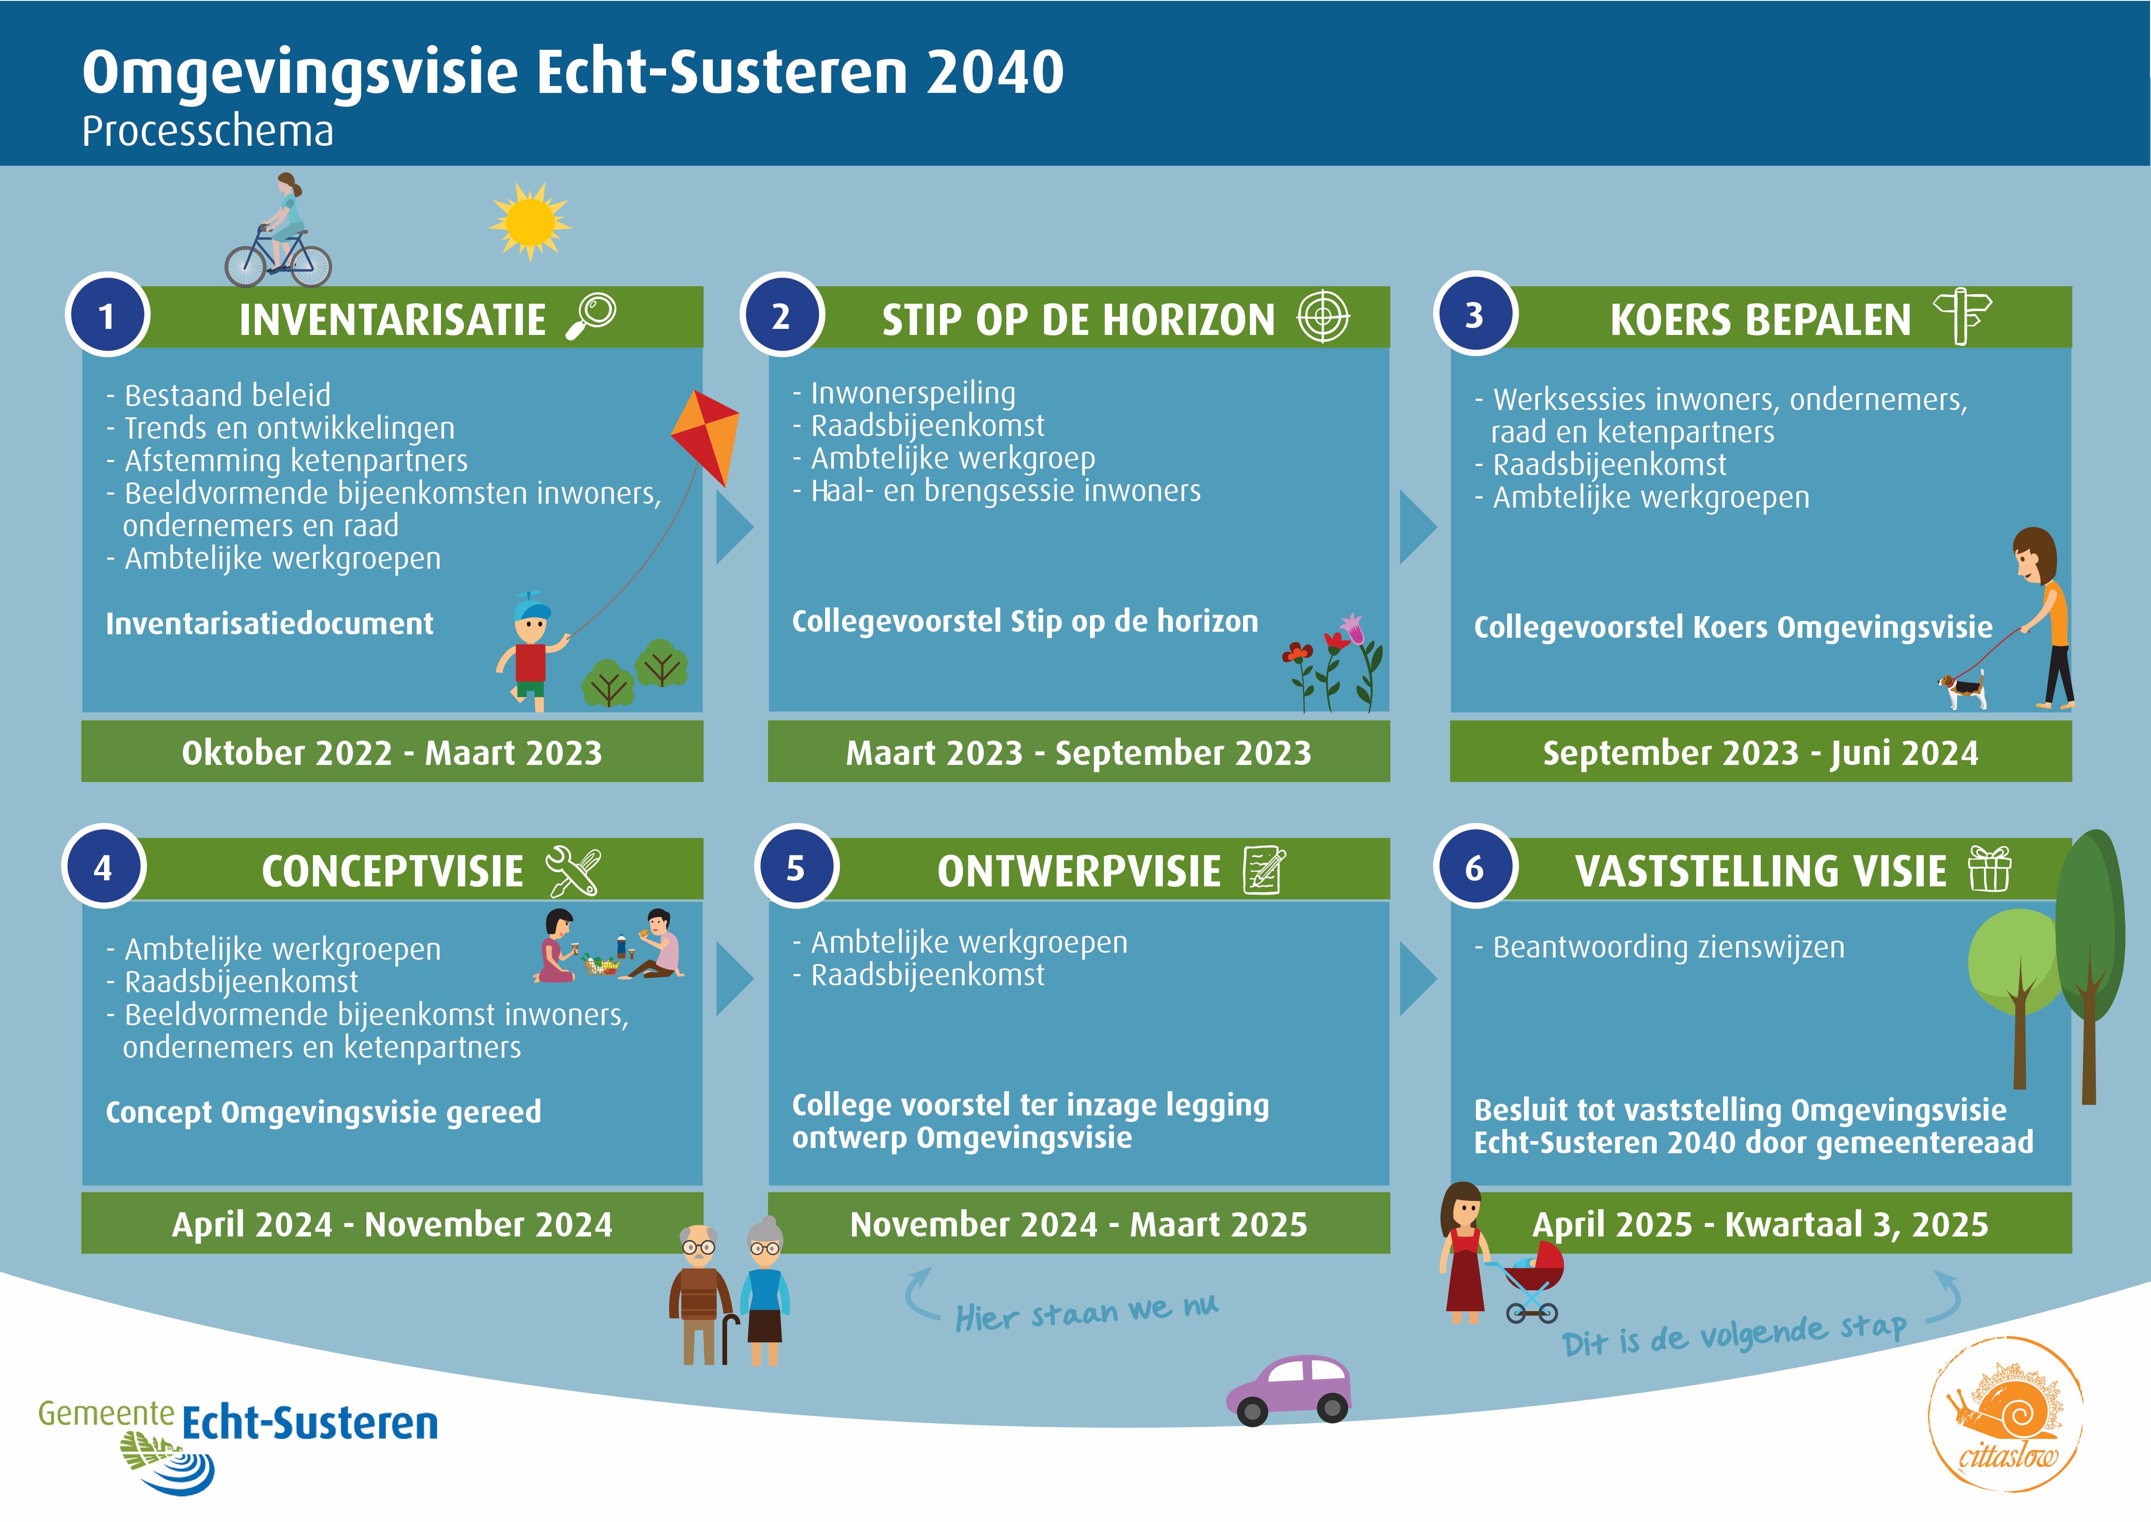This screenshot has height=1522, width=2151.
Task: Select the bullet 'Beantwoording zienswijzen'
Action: click(x=1668, y=948)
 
